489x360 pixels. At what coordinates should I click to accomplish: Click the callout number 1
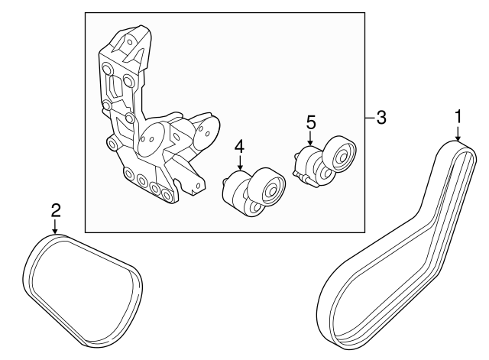coord(458,117)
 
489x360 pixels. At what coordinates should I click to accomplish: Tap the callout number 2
coord(56,210)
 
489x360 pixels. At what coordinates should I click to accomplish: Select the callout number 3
coord(381,118)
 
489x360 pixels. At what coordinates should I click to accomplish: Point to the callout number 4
coord(239,147)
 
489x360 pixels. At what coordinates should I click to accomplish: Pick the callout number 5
coord(311,122)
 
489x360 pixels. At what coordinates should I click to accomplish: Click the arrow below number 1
coord(458,133)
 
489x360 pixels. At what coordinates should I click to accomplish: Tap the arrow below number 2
coord(55,226)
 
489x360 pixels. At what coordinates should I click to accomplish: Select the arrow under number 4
coord(240,163)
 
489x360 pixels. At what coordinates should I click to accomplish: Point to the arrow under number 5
coord(310,138)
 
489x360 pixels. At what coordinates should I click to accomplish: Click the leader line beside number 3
coord(370,118)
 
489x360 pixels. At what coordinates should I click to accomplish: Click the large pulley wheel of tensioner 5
coord(339,154)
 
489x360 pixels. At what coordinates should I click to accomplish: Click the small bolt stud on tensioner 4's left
coord(225,181)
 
